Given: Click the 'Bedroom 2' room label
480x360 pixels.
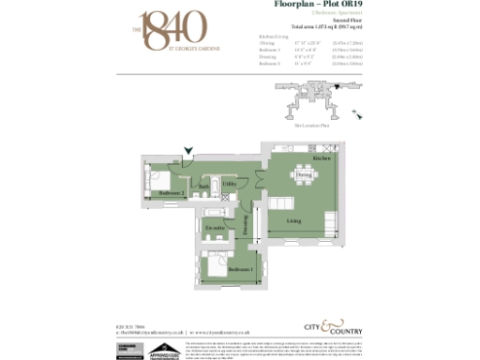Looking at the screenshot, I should click(171, 193).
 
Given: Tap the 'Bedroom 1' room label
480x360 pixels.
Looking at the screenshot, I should click(241, 270).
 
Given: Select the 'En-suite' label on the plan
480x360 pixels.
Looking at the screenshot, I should click(215, 228).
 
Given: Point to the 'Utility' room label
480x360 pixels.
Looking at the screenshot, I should click(229, 184).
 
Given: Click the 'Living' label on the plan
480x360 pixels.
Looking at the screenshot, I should click(293, 221).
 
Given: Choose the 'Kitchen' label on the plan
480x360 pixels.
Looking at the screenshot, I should click(321, 159).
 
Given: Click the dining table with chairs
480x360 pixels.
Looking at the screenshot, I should click(303, 175).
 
